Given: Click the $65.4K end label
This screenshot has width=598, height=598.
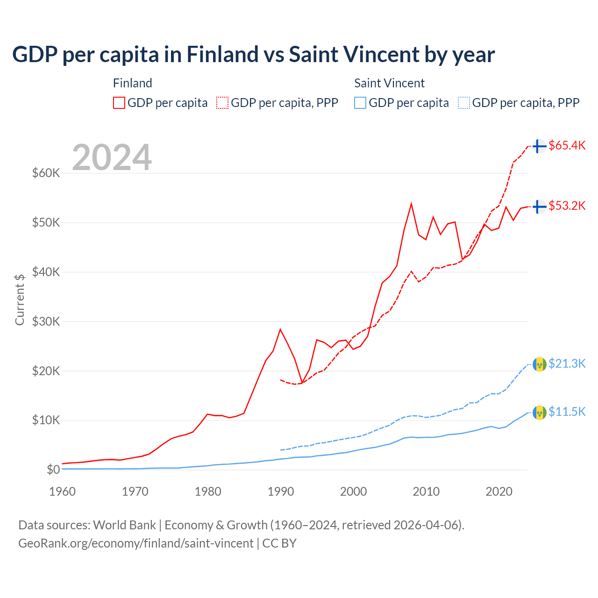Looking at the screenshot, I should click(x=567, y=145).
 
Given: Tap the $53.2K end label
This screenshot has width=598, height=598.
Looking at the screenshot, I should click(x=567, y=206).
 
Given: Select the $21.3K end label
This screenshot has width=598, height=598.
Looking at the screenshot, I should click(x=567, y=363).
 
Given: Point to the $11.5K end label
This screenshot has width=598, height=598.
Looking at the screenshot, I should click(x=567, y=412).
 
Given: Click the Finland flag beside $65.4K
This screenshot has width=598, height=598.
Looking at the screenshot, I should click(x=540, y=146).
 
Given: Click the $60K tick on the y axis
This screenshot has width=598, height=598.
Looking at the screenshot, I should click(x=46, y=173).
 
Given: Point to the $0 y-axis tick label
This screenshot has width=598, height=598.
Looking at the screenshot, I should click(x=53, y=470).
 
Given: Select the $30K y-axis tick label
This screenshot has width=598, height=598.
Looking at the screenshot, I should click(x=46, y=321).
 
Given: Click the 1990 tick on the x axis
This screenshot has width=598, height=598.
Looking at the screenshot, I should click(x=281, y=491).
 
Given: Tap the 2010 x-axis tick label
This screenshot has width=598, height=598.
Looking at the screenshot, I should click(x=426, y=491).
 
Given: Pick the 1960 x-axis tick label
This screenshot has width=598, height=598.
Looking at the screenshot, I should click(x=63, y=491).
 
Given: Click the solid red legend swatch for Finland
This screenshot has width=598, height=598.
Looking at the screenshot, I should click(x=119, y=103).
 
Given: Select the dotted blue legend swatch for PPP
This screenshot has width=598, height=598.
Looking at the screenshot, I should click(x=464, y=103).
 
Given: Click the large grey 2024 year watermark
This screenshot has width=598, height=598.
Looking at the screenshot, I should click(x=112, y=157).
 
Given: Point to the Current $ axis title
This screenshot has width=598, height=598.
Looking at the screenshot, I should click(x=20, y=299).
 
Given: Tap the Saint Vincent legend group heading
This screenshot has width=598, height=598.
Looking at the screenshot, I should click(x=389, y=83).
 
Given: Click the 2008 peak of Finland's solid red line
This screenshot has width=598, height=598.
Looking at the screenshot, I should click(x=411, y=204).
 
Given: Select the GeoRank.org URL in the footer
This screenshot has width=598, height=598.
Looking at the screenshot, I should click(x=136, y=543).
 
